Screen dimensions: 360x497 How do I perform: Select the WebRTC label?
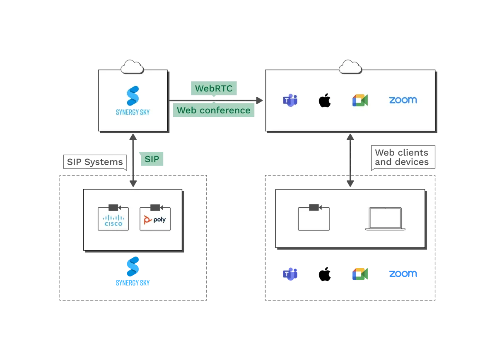pyautogui.click(x=214, y=88)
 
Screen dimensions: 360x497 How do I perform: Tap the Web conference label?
pyautogui.click(x=214, y=110)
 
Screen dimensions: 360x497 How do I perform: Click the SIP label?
pyautogui.click(x=152, y=159)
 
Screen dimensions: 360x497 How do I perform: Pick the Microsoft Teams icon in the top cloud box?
pyautogui.click(x=290, y=100)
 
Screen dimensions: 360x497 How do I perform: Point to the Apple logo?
pyautogui.click(x=325, y=100)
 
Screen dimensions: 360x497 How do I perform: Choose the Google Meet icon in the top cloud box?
pyautogui.click(x=360, y=100)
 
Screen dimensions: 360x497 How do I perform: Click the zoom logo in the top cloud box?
pyautogui.click(x=403, y=100)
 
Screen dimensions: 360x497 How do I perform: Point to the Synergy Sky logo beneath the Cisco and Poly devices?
pyautogui.click(x=133, y=271)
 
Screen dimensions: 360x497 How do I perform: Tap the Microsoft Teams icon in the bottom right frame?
pyautogui.click(x=290, y=274)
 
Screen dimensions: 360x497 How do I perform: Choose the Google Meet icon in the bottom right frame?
pyautogui.click(x=360, y=274)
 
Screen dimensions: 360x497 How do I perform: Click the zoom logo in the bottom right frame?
pyautogui.click(x=403, y=274)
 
